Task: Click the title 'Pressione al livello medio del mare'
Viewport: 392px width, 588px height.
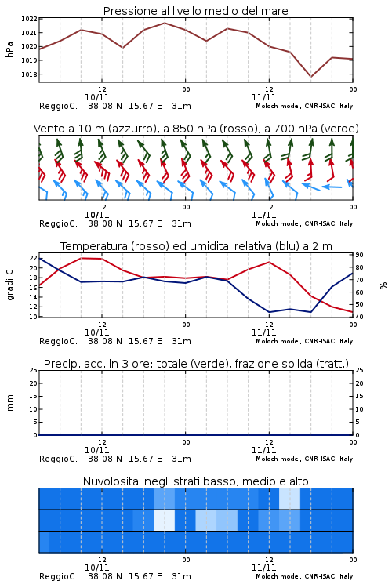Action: pos(195,11)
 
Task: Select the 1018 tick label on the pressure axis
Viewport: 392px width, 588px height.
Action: pos(29,74)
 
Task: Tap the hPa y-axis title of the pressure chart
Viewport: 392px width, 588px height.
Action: pos(9,49)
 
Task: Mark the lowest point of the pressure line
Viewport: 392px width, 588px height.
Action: pos(310,77)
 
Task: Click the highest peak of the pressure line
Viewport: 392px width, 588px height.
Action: pos(165,23)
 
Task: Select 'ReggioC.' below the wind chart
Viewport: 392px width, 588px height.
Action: pos(58,223)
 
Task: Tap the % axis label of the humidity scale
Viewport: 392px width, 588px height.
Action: pos(383,285)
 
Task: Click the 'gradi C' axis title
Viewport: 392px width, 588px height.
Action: pos(9,285)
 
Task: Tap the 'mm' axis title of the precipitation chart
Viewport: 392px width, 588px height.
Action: pos(9,403)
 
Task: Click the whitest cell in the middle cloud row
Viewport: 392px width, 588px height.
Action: pos(165,520)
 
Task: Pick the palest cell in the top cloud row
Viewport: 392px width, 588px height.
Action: pos(289,499)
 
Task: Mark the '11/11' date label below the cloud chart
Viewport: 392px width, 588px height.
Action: pos(263,568)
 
